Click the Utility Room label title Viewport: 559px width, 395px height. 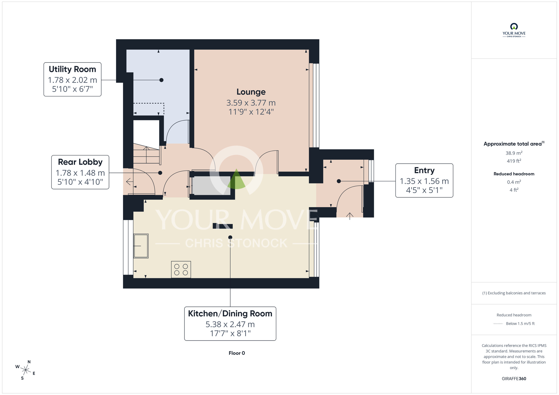coord(72,69)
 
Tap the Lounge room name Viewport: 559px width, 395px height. coord(251,92)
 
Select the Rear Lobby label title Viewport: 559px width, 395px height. coord(80,162)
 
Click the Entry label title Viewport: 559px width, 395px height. coord(424,170)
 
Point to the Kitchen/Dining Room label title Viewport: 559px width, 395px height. coord(230,313)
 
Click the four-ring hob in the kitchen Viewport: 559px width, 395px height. coord(181,270)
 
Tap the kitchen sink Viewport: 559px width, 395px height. coord(141,246)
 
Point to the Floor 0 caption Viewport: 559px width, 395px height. coord(237,353)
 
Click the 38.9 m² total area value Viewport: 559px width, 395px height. coord(514,153)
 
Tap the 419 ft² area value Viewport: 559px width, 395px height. coord(514,161)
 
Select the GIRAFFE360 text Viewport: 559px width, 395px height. coord(514,379)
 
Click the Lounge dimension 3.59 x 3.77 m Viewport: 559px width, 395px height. coord(251,103)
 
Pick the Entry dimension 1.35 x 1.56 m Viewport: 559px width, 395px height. coord(424,181)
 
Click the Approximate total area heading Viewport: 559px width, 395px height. coord(514,144)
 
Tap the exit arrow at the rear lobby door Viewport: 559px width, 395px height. coord(129,182)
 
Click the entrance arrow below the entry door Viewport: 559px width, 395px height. coord(350,216)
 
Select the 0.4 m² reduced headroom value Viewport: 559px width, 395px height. coord(514,182)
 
